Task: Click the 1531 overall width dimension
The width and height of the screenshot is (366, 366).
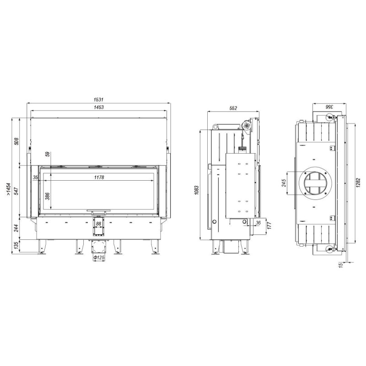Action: click(98, 99)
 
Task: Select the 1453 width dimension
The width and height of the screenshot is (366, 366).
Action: click(98, 107)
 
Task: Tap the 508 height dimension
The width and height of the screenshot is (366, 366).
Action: click(16, 141)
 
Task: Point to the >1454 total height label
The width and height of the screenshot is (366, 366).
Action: click(9, 189)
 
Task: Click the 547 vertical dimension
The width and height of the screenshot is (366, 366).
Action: click(16, 191)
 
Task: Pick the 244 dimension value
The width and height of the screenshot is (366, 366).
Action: click(16, 228)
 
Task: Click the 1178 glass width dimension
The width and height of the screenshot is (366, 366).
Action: click(99, 178)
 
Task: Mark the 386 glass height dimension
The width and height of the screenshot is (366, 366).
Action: click(48, 196)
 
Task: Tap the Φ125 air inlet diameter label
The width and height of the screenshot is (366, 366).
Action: click(99, 258)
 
